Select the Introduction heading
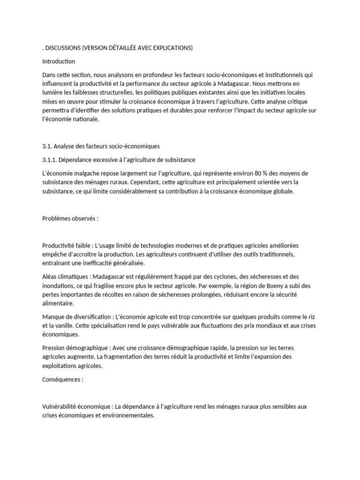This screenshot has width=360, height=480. click(x=59, y=61)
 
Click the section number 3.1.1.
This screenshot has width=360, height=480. click(x=49, y=160)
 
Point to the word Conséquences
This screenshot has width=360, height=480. click(x=61, y=379)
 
